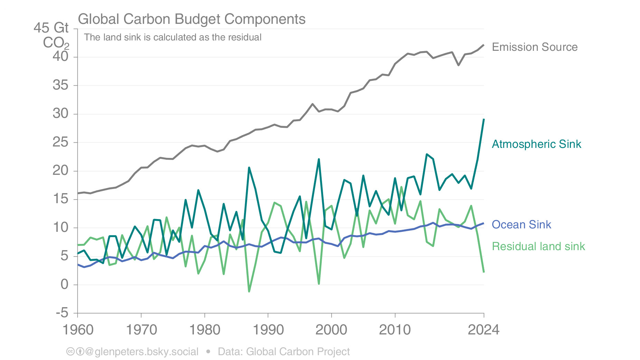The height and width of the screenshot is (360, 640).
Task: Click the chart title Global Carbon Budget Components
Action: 191,19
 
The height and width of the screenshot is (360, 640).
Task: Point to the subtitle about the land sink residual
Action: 172,37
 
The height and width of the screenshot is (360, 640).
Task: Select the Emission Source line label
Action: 534,47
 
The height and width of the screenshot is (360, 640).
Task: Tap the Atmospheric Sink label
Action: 536,144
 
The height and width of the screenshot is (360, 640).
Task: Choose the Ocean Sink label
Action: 521,225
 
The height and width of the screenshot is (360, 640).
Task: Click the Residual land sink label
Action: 538,246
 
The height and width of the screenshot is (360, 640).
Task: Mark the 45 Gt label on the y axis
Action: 51,28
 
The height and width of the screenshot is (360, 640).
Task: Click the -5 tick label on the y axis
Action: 62,313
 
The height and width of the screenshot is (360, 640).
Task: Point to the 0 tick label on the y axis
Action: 65,285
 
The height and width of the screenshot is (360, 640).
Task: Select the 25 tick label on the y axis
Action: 60,142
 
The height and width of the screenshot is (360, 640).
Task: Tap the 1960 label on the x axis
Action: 78,330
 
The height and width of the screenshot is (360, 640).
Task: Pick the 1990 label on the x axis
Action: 268,330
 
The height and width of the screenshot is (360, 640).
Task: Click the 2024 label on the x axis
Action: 483,330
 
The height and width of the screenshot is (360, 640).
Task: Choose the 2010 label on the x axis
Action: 395,330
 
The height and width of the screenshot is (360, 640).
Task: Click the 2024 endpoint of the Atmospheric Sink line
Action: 484,119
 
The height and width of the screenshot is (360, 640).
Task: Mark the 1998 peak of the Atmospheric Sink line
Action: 319,159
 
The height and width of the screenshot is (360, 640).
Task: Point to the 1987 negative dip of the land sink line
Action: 249,291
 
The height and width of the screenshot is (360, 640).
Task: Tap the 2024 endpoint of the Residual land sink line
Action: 484,272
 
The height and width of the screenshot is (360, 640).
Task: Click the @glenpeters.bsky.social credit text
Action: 142,352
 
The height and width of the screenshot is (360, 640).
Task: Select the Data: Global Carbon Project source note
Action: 284,352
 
